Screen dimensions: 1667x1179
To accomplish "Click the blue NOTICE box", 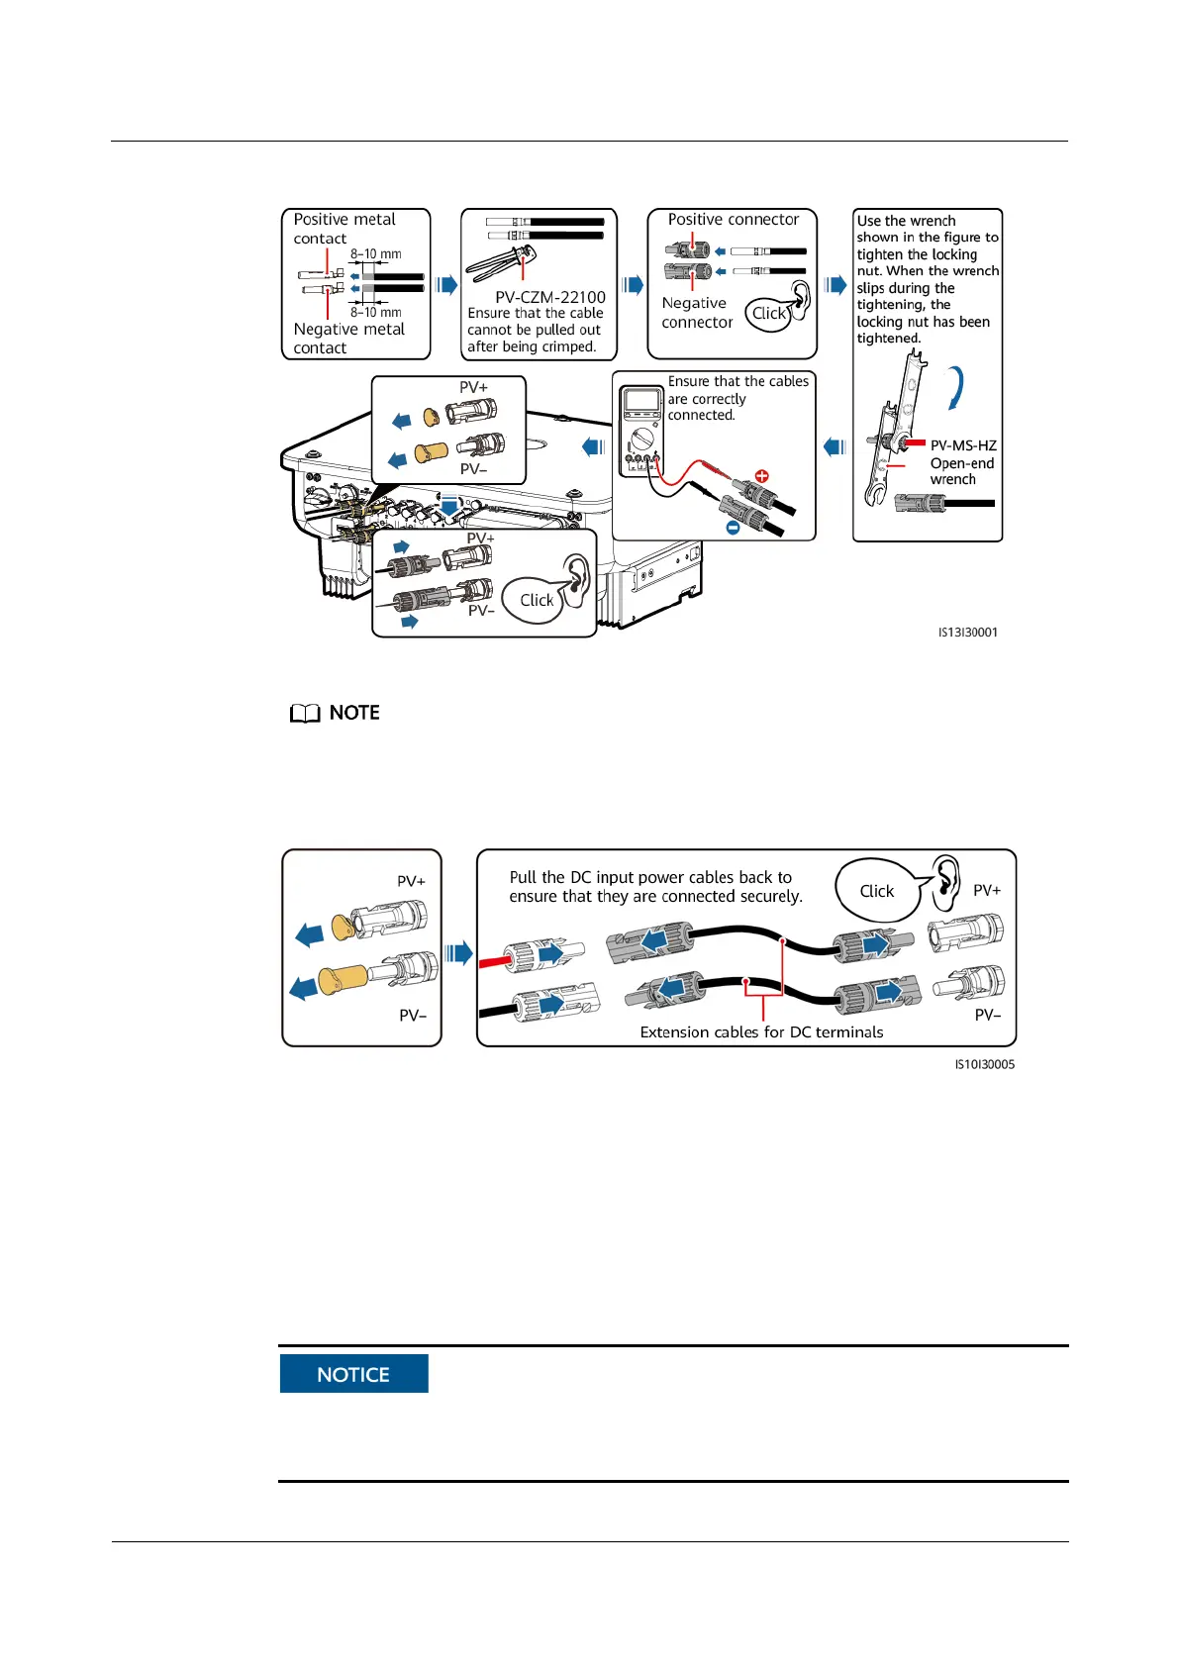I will tap(353, 1373).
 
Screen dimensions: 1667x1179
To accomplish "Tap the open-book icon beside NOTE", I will tap(305, 714).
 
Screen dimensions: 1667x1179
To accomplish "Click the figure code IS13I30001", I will tap(967, 633).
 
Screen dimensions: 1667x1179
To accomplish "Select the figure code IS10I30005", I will tap(984, 1065).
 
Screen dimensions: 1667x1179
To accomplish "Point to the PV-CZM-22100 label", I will tap(550, 297).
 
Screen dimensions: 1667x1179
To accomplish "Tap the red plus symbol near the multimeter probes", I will tap(762, 477).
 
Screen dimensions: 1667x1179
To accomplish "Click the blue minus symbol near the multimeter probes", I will tap(733, 529).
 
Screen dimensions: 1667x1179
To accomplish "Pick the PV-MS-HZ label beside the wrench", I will tap(963, 445).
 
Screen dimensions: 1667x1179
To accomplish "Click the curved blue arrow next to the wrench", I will tap(955, 387).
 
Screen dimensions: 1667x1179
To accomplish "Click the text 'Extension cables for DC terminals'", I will tap(761, 1032).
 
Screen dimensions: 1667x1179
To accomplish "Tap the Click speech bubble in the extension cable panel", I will tap(876, 891).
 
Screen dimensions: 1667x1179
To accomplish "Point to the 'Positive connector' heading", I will tap(733, 220).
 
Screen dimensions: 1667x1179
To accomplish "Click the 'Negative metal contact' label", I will tap(348, 339).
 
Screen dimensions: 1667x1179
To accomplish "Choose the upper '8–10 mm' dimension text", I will tap(375, 254).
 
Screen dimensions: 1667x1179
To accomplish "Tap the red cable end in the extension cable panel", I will tap(492, 961).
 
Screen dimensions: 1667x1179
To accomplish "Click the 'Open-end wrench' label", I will tap(961, 471).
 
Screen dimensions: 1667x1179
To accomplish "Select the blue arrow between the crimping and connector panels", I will tap(633, 285).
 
